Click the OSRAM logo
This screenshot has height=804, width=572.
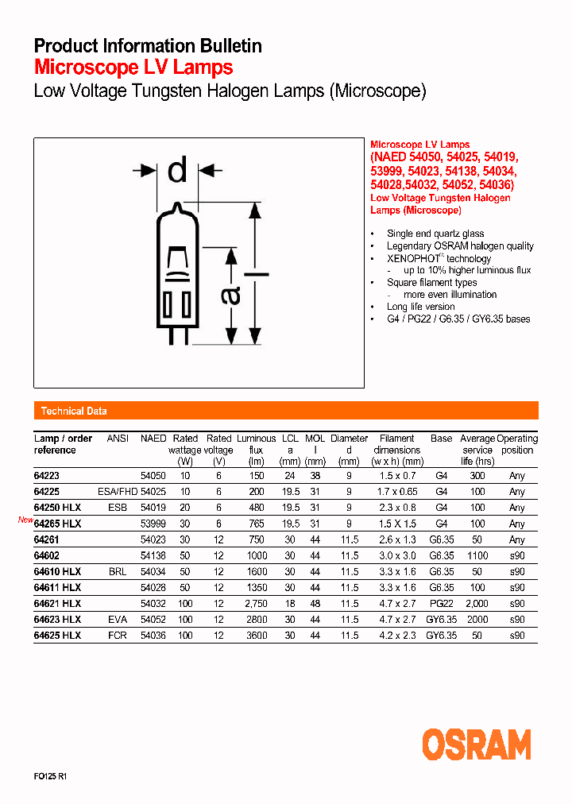[x=476, y=745]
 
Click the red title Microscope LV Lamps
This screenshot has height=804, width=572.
[x=133, y=68]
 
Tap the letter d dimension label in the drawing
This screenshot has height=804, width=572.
[x=177, y=170]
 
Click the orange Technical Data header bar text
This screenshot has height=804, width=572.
[x=74, y=411]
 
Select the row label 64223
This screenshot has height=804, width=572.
[x=47, y=475]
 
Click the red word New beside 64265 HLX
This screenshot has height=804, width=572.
[x=25, y=520]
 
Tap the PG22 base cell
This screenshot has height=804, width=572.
[x=441, y=604]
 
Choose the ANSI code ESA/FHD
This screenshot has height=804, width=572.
[x=117, y=491]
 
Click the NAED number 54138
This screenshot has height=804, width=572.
[x=153, y=555]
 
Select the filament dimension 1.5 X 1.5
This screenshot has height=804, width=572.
[x=396, y=524]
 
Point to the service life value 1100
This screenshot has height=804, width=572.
[x=477, y=555]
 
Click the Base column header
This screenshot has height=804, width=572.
[x=441, y=439]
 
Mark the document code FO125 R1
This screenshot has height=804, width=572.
[x=50, y=776]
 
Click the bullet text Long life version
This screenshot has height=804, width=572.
[x=420, y=307]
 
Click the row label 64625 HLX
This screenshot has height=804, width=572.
[x=57, y=636]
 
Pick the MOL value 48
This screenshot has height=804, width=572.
[x=315, y=604]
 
